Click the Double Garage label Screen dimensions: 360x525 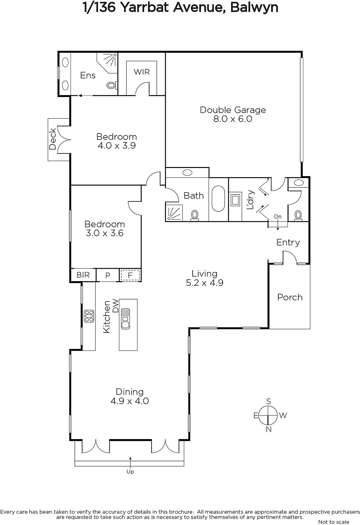pyautogui.click(x=233, y=110)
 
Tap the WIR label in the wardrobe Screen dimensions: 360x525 pyautogui.click(x=141, y=72)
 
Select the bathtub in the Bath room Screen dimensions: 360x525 pyautogui.click(x=218, y=199)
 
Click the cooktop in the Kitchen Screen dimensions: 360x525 pyautogui.click(x=89, y=316)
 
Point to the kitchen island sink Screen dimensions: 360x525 pyautogui.click(x=125, y=319)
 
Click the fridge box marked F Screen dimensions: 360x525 pyautogui.click(x=130, y=275)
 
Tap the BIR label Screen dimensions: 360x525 pyautogui.click(x=83, y=275)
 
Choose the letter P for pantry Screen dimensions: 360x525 pyautogui.click(x=108, y=275)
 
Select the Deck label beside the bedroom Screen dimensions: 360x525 pyautogui.click(x=53, y=139)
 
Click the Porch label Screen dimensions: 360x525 pyautogui.click(x=290, y=297)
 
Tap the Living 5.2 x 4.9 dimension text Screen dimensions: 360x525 pyautogui.click(x=204, y=283)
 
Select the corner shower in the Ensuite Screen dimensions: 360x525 pyautogui.click(x=108, y=63)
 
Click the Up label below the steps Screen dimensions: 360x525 pyautogui.click(x=130, y=472)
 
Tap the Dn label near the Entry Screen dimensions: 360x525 pyautogui.click(x=278, y=217)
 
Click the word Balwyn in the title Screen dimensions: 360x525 pyautogui.click(x=254, y=8)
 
